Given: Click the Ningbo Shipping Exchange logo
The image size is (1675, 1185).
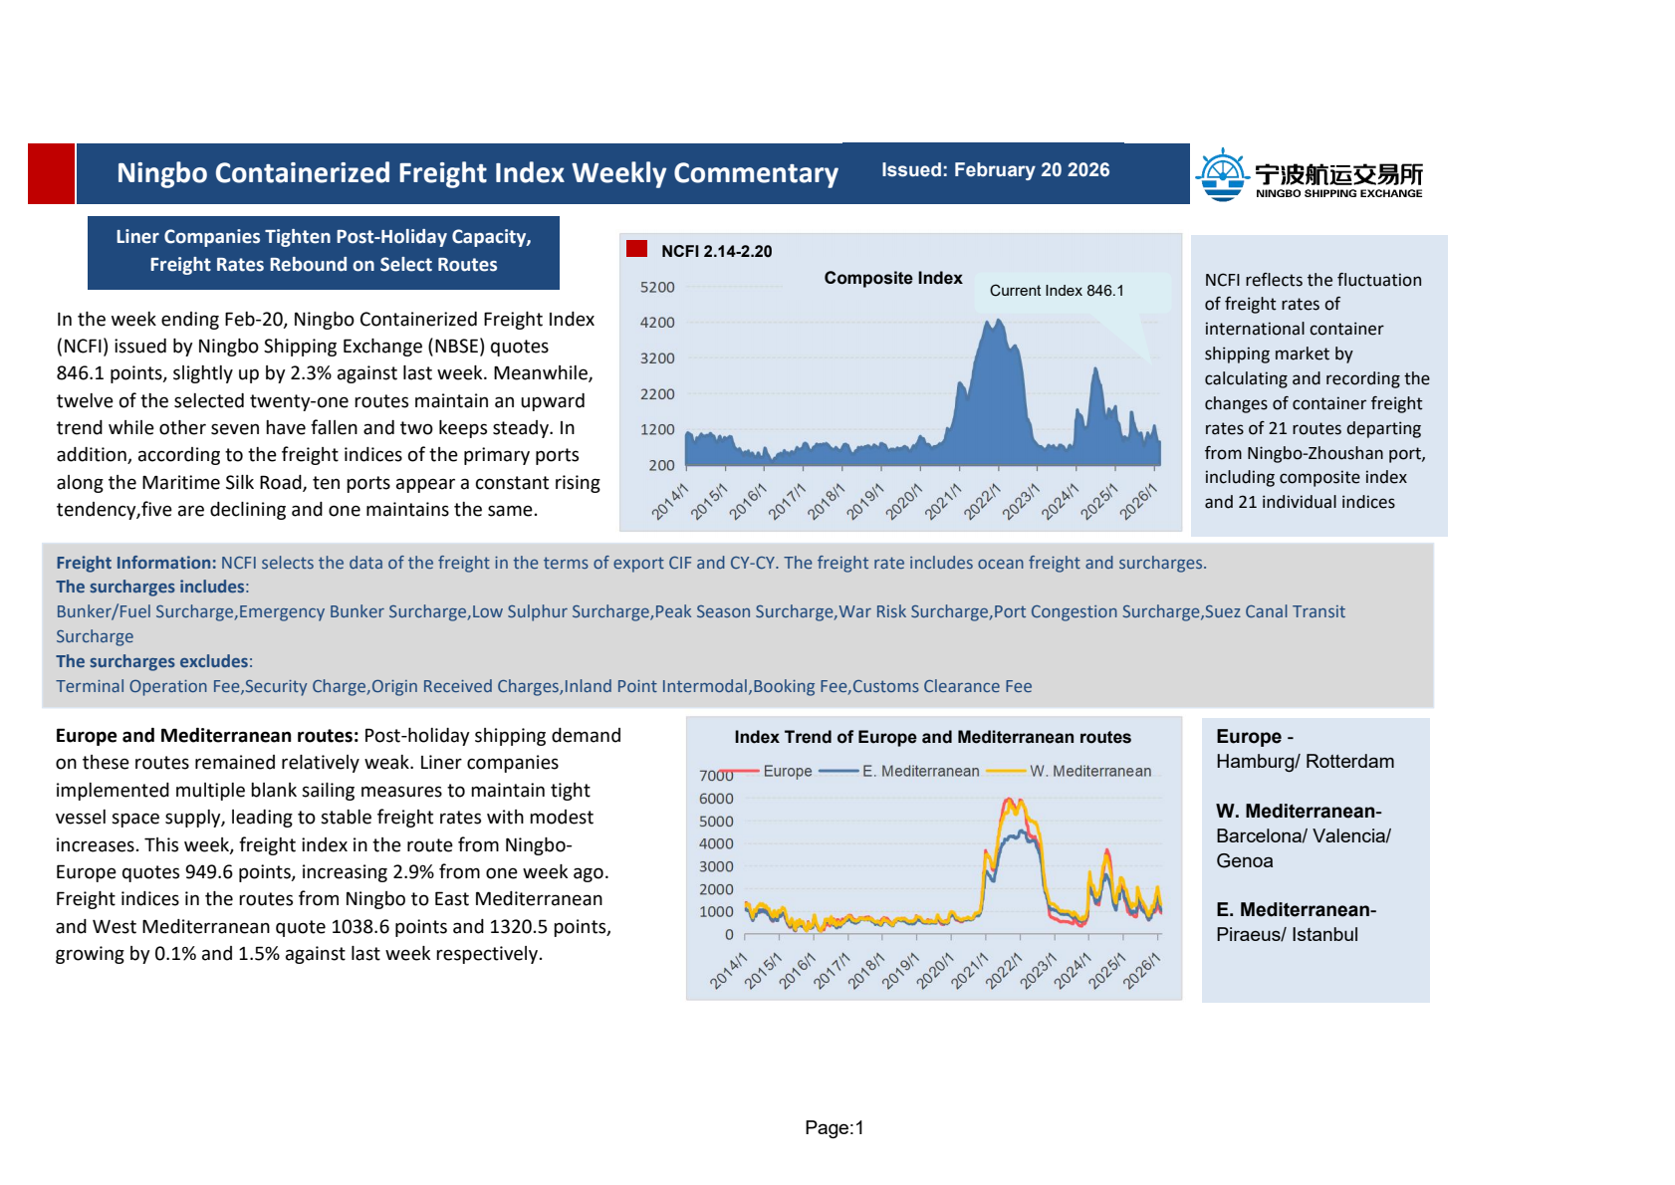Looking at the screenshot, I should click(1309, 175).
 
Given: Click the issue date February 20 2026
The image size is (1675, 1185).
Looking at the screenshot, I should click(995, 170).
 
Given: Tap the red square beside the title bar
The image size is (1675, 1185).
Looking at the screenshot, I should click(51, 174).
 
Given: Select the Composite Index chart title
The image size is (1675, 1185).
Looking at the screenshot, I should click(892, 279).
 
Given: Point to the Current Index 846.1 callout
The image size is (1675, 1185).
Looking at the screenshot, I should click(1056, 291).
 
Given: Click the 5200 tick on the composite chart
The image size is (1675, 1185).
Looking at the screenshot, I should click(657, 288).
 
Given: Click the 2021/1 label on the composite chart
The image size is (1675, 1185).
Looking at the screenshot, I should click(942, 502).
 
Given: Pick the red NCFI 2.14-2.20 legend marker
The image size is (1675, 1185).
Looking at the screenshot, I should click(636, 249).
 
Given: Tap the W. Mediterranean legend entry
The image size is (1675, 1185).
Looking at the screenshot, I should click(1089, 772).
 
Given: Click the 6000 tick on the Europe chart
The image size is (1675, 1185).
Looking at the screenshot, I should click(716, 799).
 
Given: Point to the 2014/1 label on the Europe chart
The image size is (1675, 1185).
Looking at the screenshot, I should click(728, 972).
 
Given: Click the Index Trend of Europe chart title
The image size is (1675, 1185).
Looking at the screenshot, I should click(932, 738).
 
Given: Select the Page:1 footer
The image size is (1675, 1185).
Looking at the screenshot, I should click(835, 1128).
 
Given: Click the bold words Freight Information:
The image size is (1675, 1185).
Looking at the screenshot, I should click(135, 564).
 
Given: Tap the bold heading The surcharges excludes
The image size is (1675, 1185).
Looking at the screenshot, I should click(151, 662).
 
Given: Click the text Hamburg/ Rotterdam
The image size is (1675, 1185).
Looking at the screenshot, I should click(1305, 762).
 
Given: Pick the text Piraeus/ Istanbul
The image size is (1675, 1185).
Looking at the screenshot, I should click(1287, 935).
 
